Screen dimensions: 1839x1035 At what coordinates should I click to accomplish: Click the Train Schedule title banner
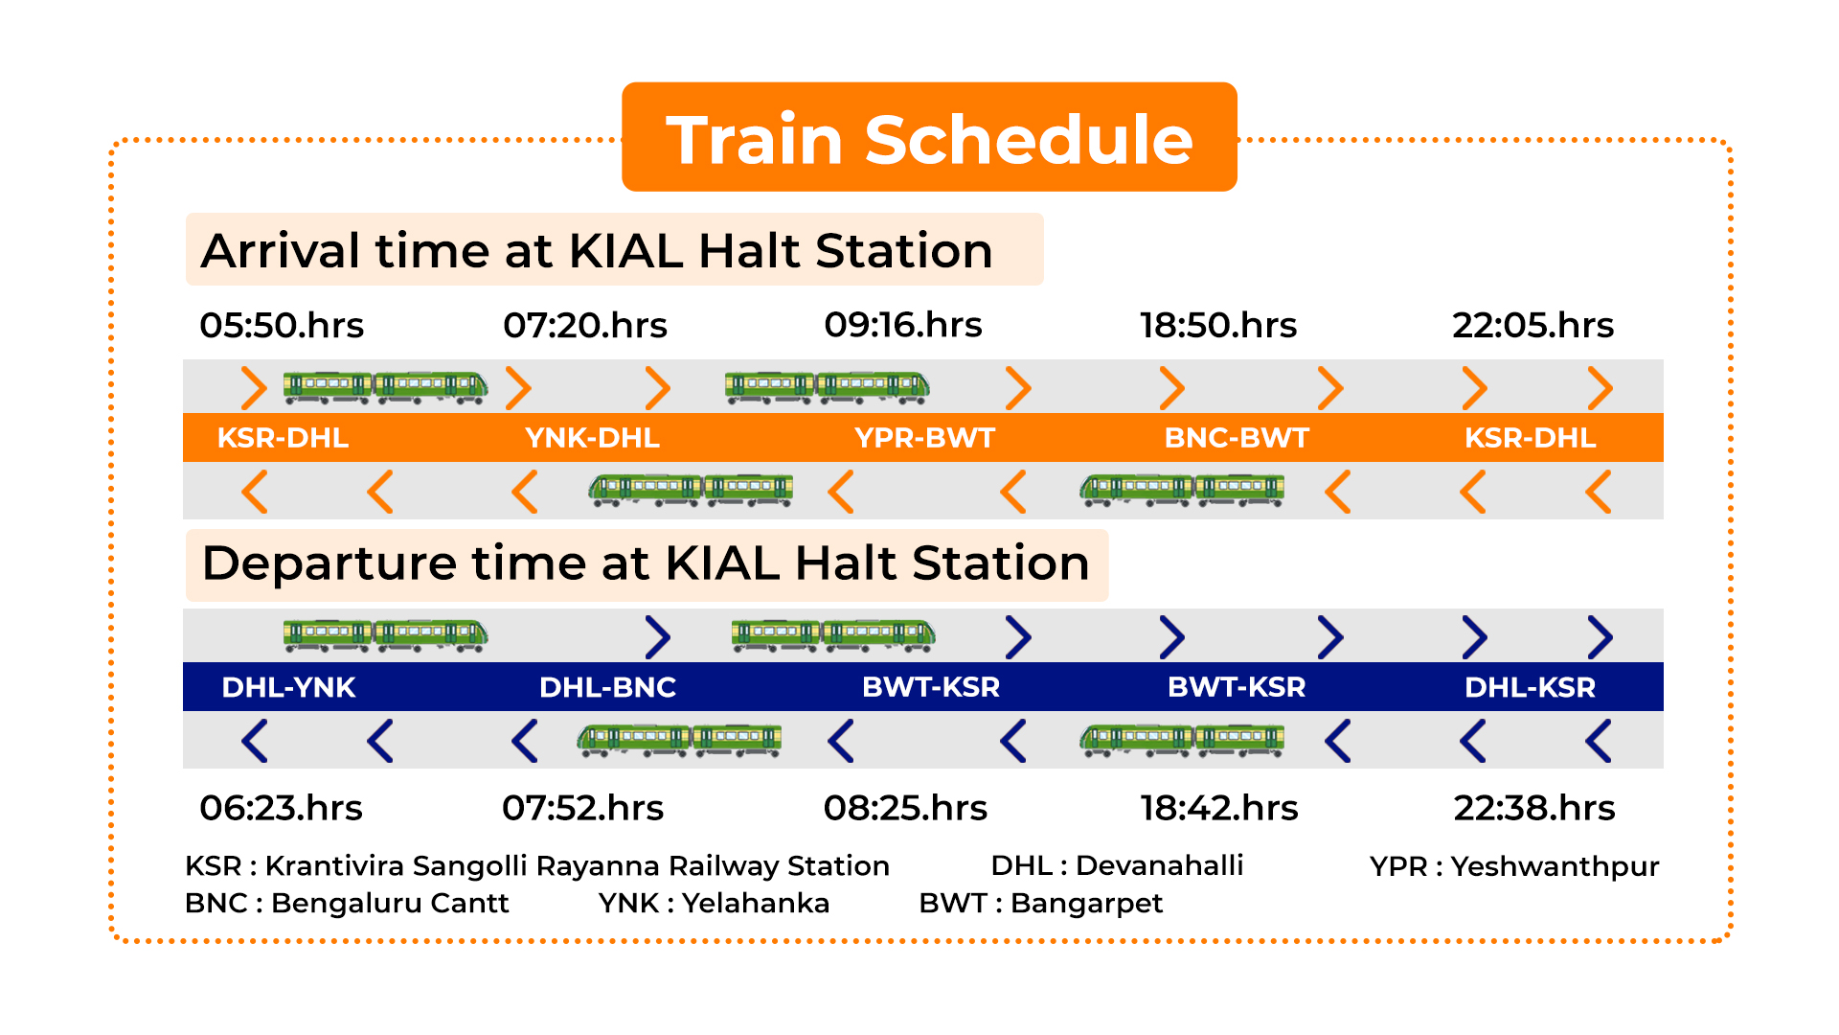tap(929, 137)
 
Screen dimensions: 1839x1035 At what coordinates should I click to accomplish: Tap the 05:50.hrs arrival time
tap(282, 326)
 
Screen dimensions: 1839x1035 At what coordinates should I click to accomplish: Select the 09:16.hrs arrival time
tap(903, 326)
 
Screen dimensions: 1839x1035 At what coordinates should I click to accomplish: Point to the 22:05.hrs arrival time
tap(1532, 326)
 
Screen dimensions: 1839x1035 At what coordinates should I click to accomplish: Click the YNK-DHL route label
tap(592, 438)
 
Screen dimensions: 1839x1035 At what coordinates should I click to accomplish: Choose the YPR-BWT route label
tap(924, 438)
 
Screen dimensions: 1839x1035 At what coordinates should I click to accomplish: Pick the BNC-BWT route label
tap(1237, 438)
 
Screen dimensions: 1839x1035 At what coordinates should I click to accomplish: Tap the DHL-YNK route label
tap(288, 687)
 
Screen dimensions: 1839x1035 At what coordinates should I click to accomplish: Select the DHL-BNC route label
tap(607, 687)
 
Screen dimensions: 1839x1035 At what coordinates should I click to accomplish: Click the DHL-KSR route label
tap(1530, 687)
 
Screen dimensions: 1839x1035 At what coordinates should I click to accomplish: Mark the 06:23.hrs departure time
tap(281, 808)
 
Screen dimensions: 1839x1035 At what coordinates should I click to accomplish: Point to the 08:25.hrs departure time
tap(905, 808)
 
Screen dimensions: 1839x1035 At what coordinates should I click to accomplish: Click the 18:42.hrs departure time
tap(1218, 808)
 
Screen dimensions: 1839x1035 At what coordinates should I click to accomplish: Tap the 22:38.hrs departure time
tap(1534, 808)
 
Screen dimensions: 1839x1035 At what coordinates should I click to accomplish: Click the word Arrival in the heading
tap(281, 251)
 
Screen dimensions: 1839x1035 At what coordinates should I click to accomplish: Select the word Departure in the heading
tap(329, 563)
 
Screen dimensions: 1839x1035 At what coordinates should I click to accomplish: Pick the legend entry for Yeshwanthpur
tap(1514, 866)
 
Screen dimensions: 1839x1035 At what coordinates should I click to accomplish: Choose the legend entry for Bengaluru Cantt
tap(347, 903)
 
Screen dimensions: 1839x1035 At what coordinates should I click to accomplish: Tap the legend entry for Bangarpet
tap(1040, 903)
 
